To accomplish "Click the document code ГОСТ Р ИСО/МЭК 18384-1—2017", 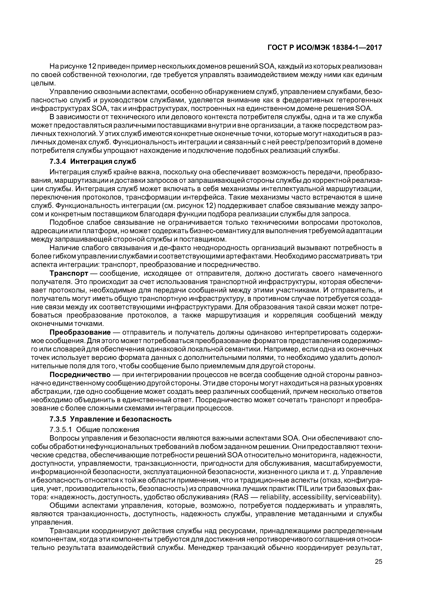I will point(325,48).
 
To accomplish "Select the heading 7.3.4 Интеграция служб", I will point(93,162).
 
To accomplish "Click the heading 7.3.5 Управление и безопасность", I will point(110,419).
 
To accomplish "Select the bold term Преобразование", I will point(80,332).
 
